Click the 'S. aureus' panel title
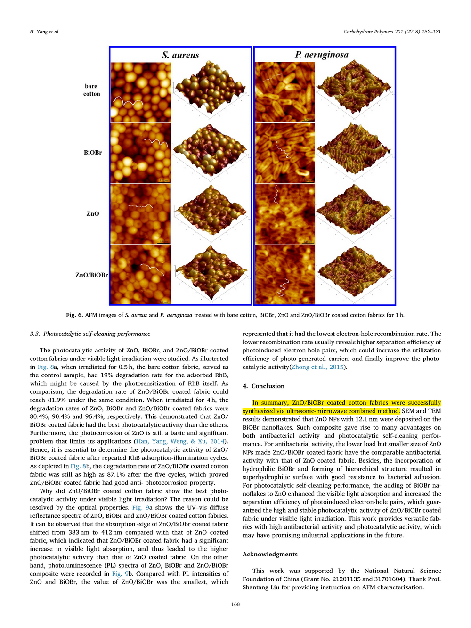click(x=180, y=55)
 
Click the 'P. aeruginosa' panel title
click(x=322, y=55)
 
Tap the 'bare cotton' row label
click(x=91, y=90)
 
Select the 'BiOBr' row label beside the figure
click(x=93, y=153)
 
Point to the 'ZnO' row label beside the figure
click(x=93, y=214)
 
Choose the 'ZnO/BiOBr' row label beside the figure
click(x=91, y=275)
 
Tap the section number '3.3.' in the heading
click(x=35, y=334)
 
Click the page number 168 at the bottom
click(x=235, y=604)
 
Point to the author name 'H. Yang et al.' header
click(x=45, y=32)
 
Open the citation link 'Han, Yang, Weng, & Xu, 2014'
click(x=180, y=441)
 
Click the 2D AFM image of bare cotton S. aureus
click(x=141, y=92)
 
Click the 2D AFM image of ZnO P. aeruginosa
click(x=284, y=214)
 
